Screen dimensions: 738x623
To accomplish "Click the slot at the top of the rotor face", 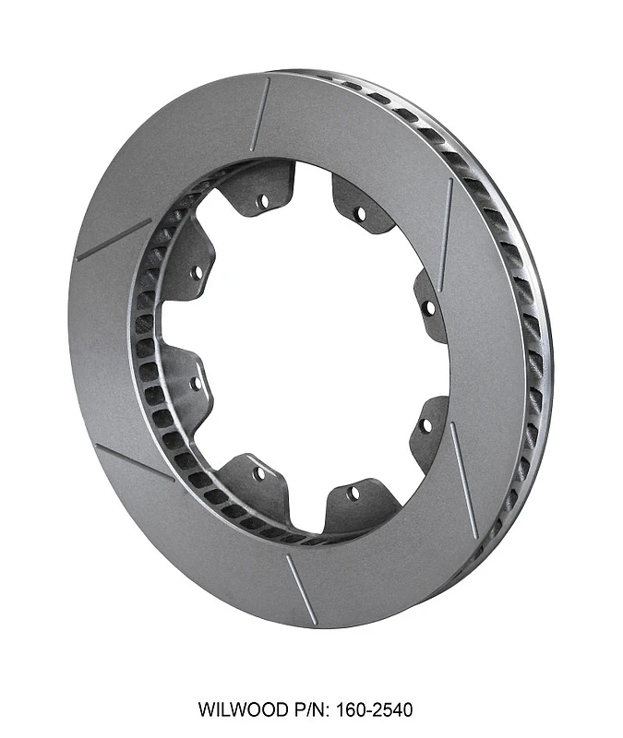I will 259,114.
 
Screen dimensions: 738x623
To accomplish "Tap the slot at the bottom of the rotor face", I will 301,589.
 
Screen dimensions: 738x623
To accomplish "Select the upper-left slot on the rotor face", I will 113,240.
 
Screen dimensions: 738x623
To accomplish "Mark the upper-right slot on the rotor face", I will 446,222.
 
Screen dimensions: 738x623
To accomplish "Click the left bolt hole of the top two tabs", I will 263,198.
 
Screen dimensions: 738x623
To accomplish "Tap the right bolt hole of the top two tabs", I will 359,214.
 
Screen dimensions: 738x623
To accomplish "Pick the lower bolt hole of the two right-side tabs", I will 425,425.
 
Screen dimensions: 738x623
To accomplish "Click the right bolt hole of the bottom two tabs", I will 353,494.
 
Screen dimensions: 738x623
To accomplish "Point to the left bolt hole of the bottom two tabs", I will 258,473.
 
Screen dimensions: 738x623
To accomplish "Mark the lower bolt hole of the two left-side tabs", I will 196,382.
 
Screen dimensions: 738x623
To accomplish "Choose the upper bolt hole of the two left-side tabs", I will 196,273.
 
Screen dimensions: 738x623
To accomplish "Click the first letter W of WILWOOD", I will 205,709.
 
